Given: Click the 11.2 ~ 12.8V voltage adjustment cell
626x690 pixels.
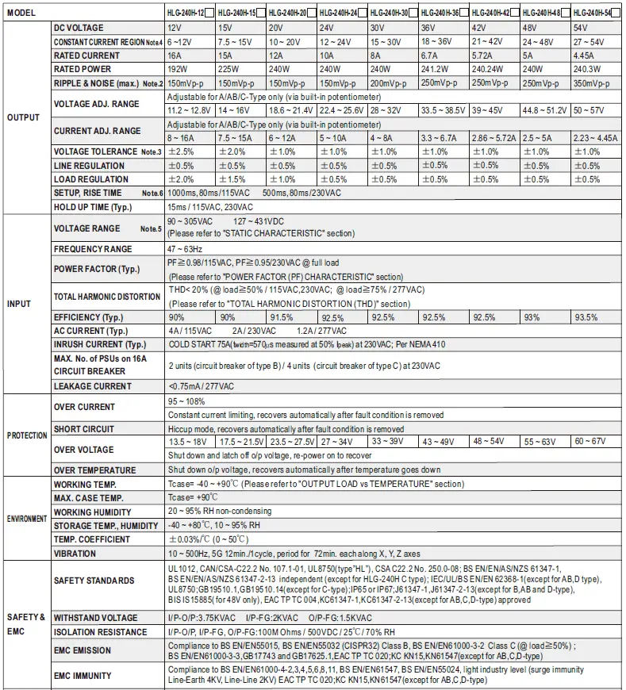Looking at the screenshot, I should (190, 111).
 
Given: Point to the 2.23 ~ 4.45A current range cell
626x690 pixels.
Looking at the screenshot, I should (594, 138).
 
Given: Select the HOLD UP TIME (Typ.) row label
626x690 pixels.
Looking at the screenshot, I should (92, 207).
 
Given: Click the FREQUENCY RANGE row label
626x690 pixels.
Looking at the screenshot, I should (93, 249).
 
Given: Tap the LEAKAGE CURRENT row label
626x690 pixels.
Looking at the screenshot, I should (93, 386).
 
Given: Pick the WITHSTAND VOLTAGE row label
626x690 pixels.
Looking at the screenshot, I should (95, 617).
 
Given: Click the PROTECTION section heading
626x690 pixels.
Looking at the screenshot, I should (27, 435).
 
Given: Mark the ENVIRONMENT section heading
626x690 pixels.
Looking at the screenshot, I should (27, 519).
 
